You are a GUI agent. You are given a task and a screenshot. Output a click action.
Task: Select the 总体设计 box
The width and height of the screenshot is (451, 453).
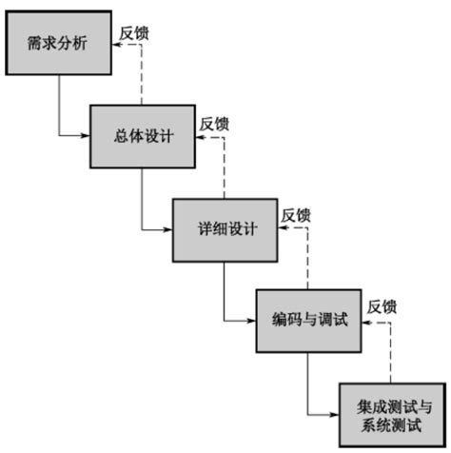[142, 134]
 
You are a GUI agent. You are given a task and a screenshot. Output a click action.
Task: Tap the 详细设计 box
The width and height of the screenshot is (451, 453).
[225, 228]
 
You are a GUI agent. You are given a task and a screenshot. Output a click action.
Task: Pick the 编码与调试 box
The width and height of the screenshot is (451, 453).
[309, 321]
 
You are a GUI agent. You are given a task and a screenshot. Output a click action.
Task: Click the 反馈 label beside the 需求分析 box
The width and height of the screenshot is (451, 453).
[134, 32]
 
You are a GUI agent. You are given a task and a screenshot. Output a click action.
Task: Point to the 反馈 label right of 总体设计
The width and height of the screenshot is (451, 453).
[215, 124]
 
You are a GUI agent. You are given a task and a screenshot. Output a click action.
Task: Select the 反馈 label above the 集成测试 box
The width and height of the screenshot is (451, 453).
[382, 306]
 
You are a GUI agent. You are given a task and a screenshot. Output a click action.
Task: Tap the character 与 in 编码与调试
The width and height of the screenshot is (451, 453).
[309, 321]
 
